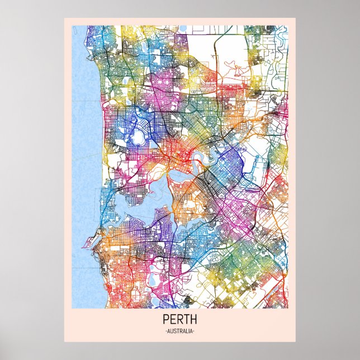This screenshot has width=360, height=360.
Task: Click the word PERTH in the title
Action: pyautogui.click(x=179, y=321)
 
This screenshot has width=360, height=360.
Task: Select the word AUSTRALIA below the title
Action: pyautogui.click(x=179, y=332)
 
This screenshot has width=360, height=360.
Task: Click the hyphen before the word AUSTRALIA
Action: pyautogui.click(x=166, y=332)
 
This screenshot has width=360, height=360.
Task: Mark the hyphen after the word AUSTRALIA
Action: pyautogui.click(x=193, y=332)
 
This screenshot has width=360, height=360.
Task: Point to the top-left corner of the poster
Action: pyautogui.click(x=64, y=18)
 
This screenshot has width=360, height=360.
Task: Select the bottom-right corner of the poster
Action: pyautogui.click(x=296, y=341)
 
